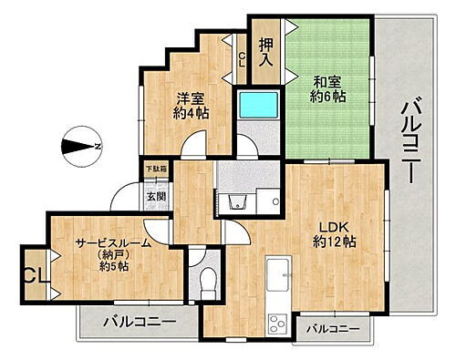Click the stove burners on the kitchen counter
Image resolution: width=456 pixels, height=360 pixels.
pos(276,322)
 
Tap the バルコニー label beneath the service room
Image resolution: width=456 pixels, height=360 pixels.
pos(139,319)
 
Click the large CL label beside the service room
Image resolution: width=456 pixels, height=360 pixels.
pos(36,273)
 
